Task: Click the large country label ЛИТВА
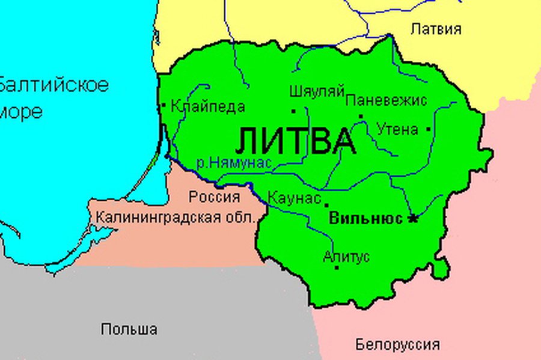[x=295, y=142]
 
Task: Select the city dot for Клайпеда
[x=164, y=105]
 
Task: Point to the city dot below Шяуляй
[x=293, y=111]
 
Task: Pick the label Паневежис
[x=387, y=100]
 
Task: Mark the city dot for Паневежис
[x=361, y=116]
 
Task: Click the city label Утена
[x=397, y=129]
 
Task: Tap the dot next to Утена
[x=428, y=129]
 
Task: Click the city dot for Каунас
[x=326, y=205]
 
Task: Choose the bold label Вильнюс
[x=365, y=218]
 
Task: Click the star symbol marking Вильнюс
[x=413, y=218]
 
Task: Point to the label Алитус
[x=346, y=257]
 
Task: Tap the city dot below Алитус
[x=337, y=267]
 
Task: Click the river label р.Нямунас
[x=234, y=162]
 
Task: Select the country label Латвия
[x=436, y=29]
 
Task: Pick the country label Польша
[x=129, y=329]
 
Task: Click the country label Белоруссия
[x=397, y=345]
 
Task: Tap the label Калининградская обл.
[x=176, y=217]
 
